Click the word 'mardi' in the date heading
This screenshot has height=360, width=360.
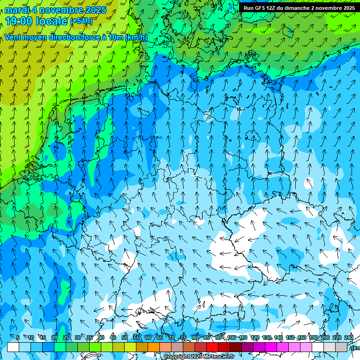click(x=17, y=10)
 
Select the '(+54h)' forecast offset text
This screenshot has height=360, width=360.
click(x=81, y=21)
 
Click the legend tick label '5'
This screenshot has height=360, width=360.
click(x=18, y=337)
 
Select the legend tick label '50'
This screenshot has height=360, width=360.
click(x=125, y=337)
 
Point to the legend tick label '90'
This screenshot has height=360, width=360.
click(x=218, y=337)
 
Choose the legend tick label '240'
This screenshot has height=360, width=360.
click(x=348, y=337)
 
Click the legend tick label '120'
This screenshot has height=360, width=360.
click(x=255, y=337)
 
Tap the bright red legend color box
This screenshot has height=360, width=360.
click(x=212, y=347)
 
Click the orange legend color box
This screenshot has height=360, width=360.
click(x=154, y=347)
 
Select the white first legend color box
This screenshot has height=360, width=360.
click(x=13, y=347)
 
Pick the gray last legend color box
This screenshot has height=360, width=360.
click(x=342, y=347)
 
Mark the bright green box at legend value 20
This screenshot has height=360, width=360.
click(x=60, y=347)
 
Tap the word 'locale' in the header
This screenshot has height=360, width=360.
click(x=52, y=21)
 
